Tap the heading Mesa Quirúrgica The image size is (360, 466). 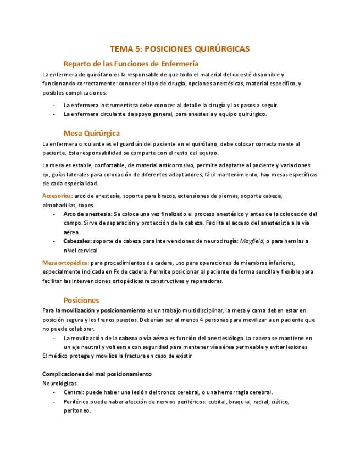[x=91, y=133]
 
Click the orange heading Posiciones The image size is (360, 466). [x=81, y=300]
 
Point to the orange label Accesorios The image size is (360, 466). [x=57, y=196]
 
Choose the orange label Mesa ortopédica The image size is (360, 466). [x=65, y=263]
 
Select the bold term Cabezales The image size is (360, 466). [x=77, y=241]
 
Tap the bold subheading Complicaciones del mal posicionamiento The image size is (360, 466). [x=97, y=374]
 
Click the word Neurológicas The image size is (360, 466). [x=59, y=383]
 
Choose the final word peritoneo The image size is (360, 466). [x=77, y=411]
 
